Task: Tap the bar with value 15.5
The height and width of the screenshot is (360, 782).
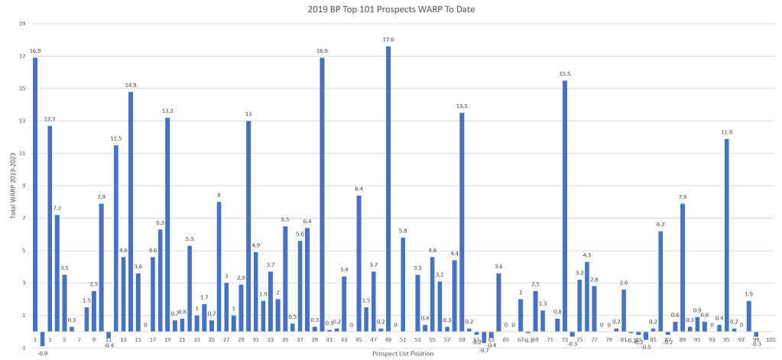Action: click(x=564, y=206)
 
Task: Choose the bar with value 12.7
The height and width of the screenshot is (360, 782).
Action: click(x=50, y=229)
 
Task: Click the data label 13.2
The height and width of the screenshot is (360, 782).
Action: click(x=167, y=111)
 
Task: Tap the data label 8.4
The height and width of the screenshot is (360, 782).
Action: click(x=359, y=188)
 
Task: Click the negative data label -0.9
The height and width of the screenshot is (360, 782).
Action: click(x=43, y=353)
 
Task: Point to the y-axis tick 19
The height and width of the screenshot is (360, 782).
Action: click(x=22, y=24)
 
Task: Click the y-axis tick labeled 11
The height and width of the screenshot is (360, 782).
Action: click(x=22, y=154)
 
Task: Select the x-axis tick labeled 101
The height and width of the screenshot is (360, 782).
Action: click(x=771, y=339)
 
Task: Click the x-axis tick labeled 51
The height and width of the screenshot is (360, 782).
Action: click(x=403, y=339)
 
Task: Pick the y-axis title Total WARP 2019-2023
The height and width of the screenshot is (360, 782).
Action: click(x=12, y=186)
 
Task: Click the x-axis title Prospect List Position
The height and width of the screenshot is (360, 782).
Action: click(x=402, y=353)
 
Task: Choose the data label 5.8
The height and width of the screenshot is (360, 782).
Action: click(x=403, y=230)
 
